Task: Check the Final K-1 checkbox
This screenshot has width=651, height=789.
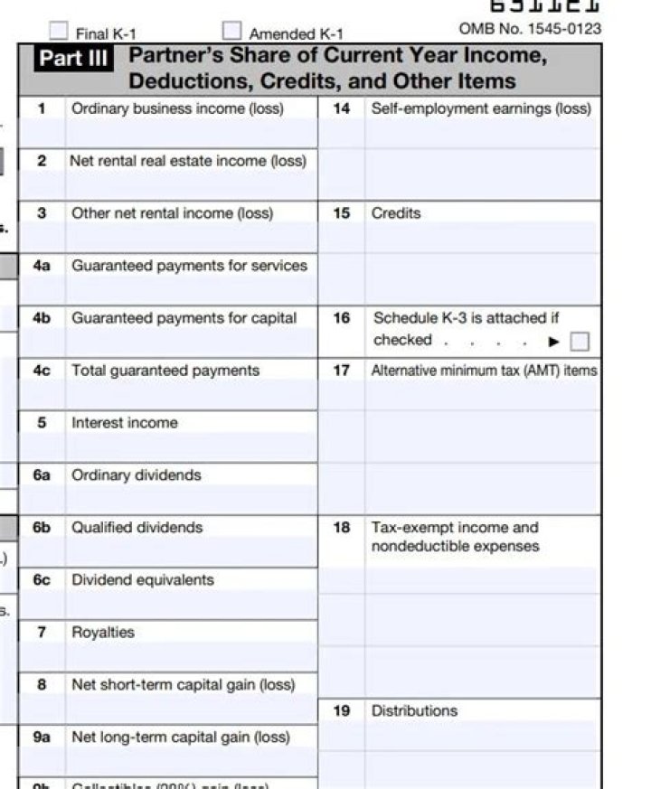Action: click(x=59, y=32)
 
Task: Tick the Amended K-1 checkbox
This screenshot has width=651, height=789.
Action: click(x=232, y=32)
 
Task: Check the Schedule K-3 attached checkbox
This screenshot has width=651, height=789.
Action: click(x=580, y=342)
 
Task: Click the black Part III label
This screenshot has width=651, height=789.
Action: click(x=74, y=59)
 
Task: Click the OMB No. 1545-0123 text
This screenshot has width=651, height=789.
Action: click(x=530, y=29)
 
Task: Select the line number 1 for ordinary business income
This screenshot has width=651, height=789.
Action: click(x=42, y=108)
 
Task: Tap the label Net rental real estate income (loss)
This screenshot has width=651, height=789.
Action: click(x=188, y=161)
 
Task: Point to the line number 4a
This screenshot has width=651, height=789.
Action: click(x=42, y=266)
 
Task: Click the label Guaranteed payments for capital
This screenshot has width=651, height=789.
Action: click(x=184, y=318)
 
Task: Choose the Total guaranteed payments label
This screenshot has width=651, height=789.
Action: click(x=165, y=371)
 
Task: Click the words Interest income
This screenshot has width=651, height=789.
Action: click(x=125, y=423)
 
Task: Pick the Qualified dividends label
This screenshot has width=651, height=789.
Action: click(x=137, y=528)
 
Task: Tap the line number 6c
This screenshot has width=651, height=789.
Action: click(x=42, y=580)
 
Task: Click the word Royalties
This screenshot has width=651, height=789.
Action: click(x=103, y=633)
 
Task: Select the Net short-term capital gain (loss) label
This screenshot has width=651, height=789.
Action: click(x=184, y=685)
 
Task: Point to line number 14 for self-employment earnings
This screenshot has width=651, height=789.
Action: click(x=342, y=108)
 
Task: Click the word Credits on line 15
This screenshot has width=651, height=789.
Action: click(x=396, y=213)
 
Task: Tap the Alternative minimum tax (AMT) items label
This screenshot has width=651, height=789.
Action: click(x=484, y=371)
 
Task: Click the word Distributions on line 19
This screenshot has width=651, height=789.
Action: click(x=414, y=711)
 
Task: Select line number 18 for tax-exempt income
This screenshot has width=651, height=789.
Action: click(x=342, y=528)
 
